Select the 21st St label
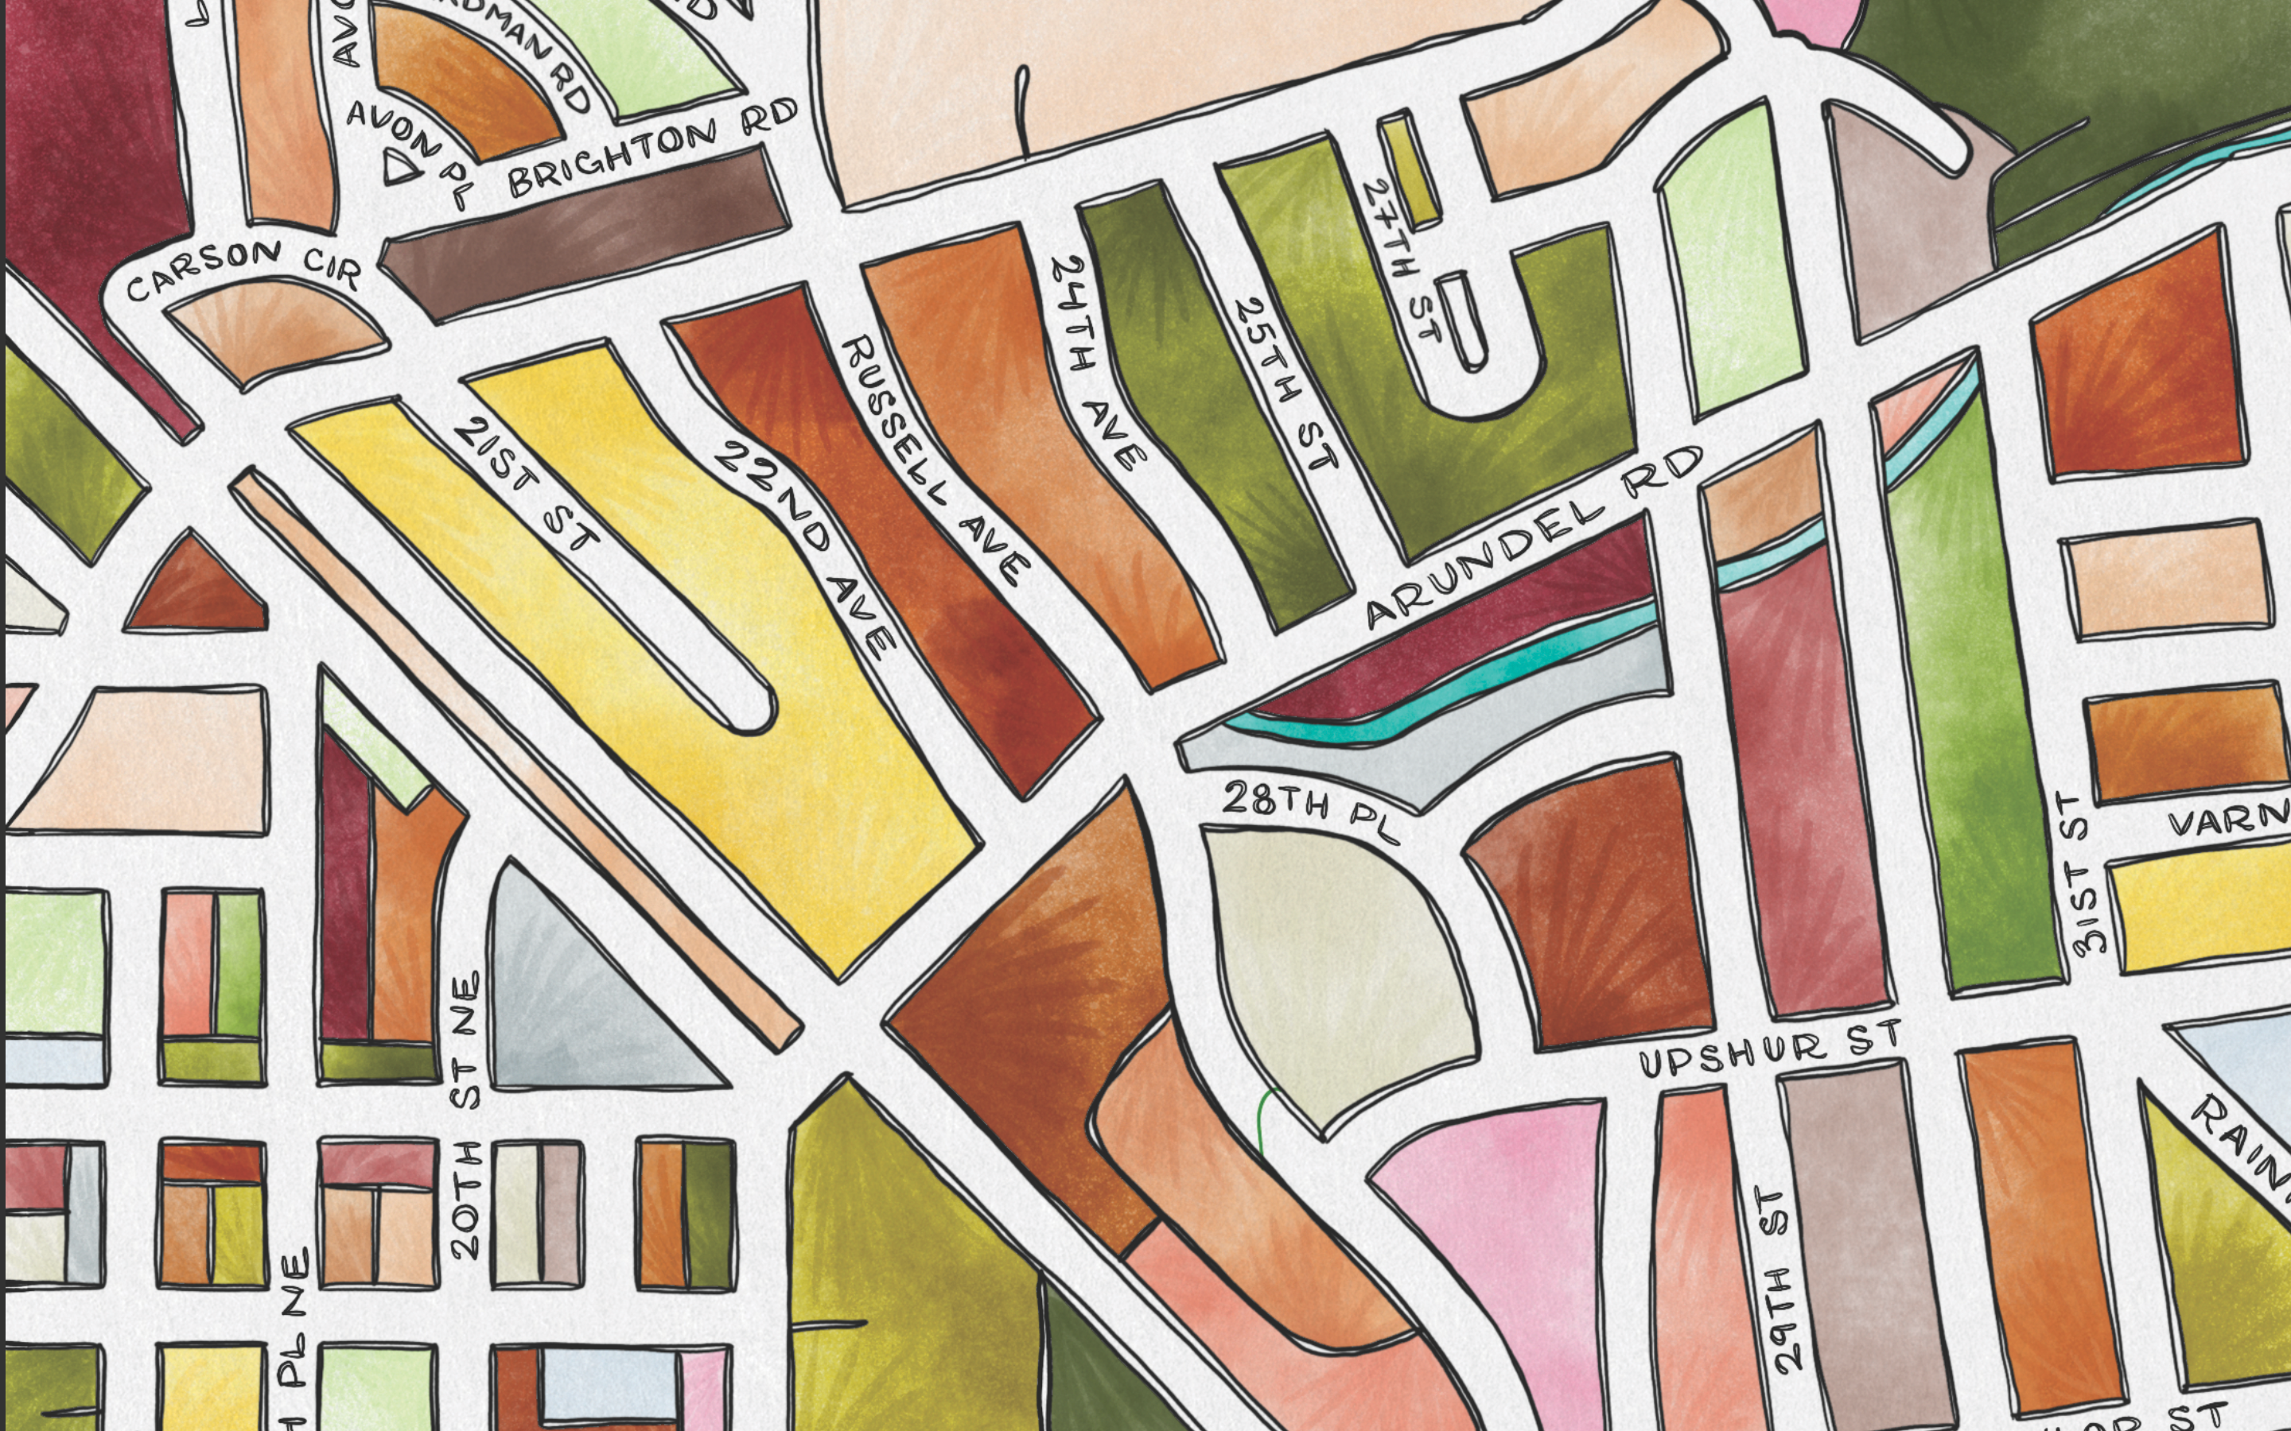tap(527, 486)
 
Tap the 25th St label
tap(1286, 384)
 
